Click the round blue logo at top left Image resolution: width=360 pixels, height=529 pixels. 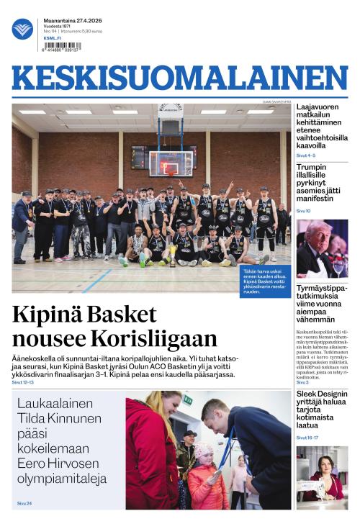tap(22, 29)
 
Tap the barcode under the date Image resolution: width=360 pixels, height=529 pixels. tap(62, 46)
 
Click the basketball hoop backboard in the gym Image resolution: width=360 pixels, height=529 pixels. tap(171, 163)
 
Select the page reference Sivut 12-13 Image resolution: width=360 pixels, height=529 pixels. tap(23, 382)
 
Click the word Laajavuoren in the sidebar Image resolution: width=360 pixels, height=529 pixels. tap(320, 108)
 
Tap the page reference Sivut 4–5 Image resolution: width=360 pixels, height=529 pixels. tap(306, 155)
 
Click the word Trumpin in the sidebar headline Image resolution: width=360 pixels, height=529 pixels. tap(312, 168)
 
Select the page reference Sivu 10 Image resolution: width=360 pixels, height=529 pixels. tap(304, 211)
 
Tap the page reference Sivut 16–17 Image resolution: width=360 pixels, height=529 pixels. tap(307, 438)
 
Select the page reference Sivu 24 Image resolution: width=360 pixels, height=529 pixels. tap(24, 503)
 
